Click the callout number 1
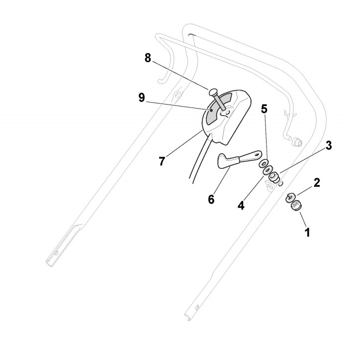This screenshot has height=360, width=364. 307,232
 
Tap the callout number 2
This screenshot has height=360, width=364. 317,182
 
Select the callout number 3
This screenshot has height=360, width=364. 329,145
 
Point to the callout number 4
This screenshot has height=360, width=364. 241,205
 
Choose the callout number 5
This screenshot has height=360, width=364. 264,109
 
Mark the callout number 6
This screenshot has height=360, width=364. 211,199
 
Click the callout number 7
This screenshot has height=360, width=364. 162,161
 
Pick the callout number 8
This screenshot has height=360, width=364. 148,58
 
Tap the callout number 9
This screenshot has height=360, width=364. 141,98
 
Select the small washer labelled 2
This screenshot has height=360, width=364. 290,197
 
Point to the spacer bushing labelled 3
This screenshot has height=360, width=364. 274,177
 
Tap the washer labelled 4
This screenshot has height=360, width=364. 268,170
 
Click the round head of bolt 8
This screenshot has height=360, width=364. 213,92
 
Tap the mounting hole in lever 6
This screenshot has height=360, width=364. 257,154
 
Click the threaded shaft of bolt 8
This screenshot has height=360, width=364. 220,103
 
